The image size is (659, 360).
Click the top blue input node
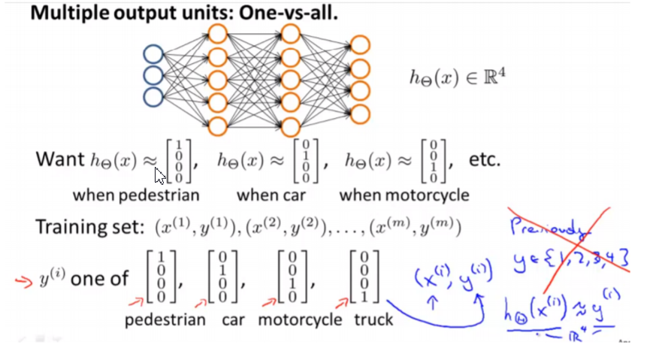click(x=153, y=54)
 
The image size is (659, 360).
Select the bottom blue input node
click(x=153, y=96)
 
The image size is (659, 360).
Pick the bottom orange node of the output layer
click(x=360, y=114)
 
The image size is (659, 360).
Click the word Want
click(x=60, y=160)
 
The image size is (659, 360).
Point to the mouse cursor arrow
click(x=159, y=176)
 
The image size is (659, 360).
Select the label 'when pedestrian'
click(x=136, y=195)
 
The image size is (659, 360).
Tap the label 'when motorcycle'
click(x=404, y=195)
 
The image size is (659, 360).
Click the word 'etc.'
click(x=485, y=160)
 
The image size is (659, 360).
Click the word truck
click(x=373, y=319)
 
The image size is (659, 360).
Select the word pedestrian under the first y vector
click(x=165, y=319)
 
